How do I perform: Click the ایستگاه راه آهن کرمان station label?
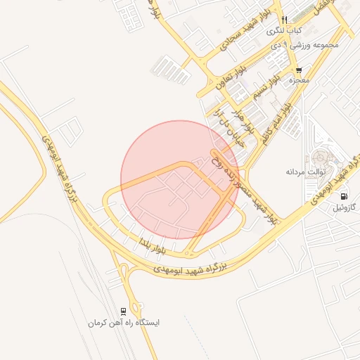124,323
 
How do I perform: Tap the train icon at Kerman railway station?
124,311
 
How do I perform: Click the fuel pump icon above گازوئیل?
344,196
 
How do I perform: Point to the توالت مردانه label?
303,172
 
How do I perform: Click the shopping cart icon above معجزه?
299,70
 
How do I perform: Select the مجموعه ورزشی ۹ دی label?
304,44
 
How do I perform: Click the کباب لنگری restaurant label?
284,32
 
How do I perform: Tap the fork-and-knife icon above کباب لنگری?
284,20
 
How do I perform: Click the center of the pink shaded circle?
179,179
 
